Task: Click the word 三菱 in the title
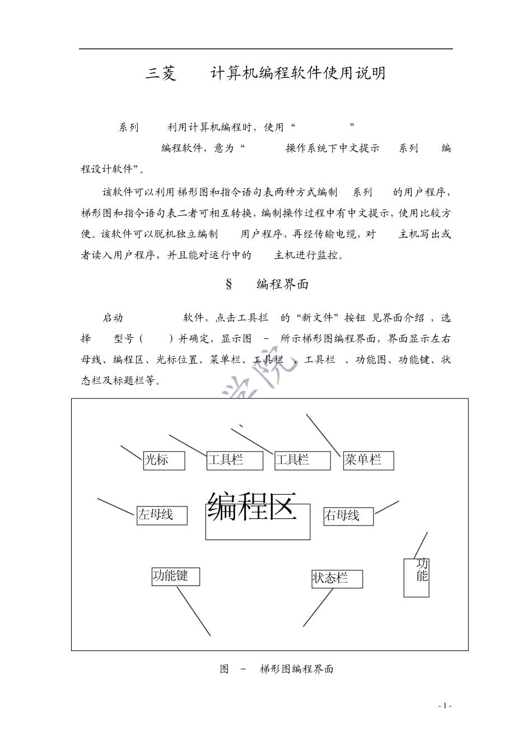point(161,73)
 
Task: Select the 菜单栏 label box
point(368,461)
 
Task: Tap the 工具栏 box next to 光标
point(234,461)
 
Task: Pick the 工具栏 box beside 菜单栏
point(302,461)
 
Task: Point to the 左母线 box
point(162,515)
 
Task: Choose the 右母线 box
point(348,516)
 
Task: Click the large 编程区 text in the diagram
point(252,507)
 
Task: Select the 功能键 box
point(175,577)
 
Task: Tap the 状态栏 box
point(337,579)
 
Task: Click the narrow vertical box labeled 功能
point(416,577)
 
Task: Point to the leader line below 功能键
point(194,611)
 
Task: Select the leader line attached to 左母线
point(116,506)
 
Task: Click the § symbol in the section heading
point(228,284)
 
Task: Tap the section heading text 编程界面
point(283,284)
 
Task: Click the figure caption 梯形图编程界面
point(297,669)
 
